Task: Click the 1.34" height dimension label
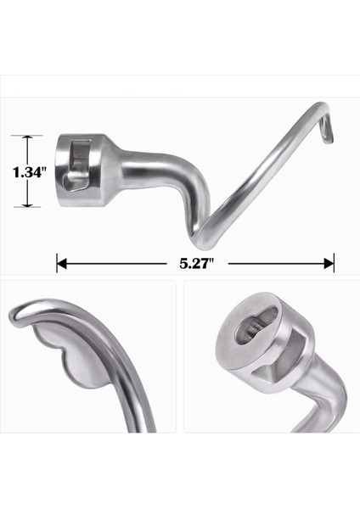[28, 172]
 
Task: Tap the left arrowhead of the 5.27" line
[63, 264]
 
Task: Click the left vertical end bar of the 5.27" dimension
[57, 264]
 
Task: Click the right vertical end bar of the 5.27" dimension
[334, 264]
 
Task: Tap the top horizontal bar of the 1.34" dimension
[28, 136]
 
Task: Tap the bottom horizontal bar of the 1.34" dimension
[28, 207]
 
